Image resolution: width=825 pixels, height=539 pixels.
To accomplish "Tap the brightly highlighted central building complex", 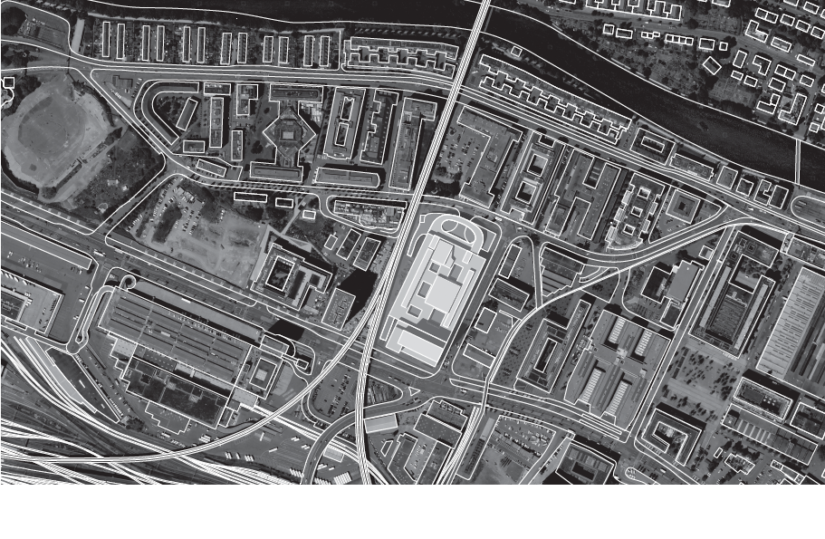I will click(439, 290).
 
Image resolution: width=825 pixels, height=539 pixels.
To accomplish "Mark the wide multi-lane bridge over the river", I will click(470, 41).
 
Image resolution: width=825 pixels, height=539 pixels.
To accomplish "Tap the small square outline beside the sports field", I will click(9, 82).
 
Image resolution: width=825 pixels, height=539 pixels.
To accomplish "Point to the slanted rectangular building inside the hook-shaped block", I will click(187, 114).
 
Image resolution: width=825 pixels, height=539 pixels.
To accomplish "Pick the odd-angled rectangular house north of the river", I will click(713, 66).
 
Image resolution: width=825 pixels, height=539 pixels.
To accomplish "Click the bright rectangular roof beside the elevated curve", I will click(380, 423).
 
